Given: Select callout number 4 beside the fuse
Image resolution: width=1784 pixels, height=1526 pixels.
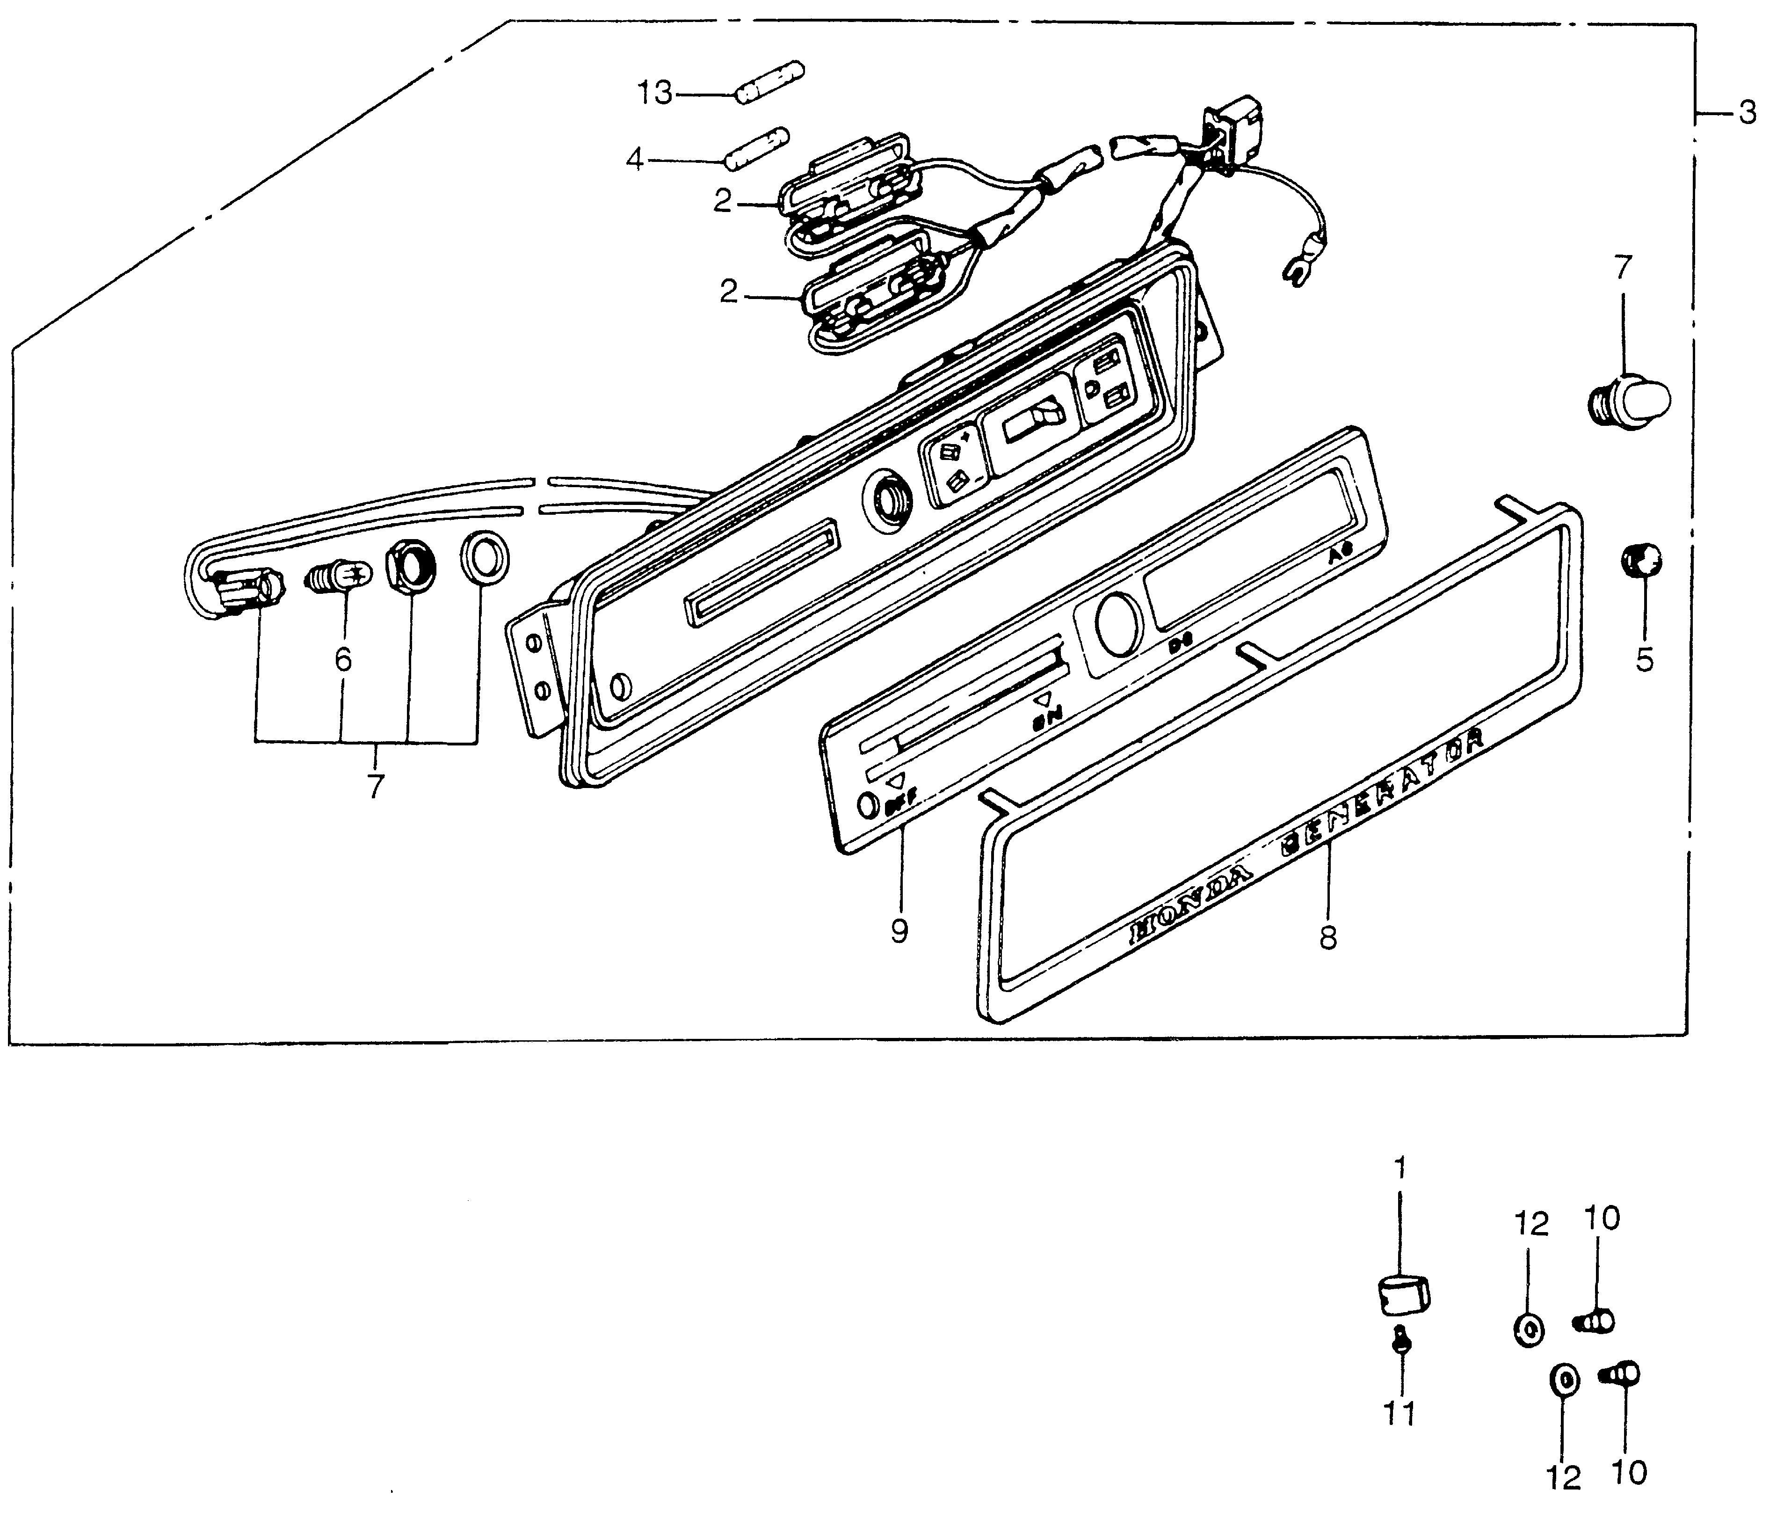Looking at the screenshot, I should coord(635,159).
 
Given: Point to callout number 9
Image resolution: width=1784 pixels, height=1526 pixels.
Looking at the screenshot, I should coord(900,930).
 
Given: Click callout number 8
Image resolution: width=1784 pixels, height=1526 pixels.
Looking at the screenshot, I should coord(1328,938).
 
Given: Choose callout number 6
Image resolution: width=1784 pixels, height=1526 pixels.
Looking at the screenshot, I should coord(343,660).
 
